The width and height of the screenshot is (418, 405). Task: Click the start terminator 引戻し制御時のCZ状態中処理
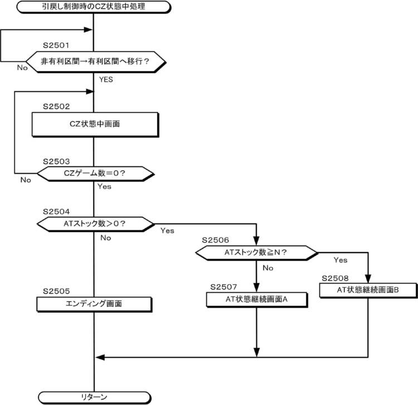click(x=94, y=7)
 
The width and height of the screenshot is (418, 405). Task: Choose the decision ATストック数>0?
click(x=95, y=224)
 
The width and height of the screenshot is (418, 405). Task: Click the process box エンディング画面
click(x=94, y=304)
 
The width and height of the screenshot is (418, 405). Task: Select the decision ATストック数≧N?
click(x=256, y=252)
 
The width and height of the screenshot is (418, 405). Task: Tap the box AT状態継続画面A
click(x=257, y=299)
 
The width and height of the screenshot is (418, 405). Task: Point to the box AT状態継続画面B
click(x=368, y=289)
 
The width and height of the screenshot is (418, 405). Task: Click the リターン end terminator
click(x=94, y=397)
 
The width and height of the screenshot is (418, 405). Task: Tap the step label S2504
click(x=57, y=212)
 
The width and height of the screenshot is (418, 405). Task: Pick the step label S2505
click(x=57, y=292)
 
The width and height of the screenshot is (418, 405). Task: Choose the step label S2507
click(x=225, y=287)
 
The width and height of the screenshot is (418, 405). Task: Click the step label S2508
click(x=336, y=277)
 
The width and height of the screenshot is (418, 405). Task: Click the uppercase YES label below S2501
click(x=106, y=80)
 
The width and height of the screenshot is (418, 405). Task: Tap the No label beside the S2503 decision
click(x=26, y=180)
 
